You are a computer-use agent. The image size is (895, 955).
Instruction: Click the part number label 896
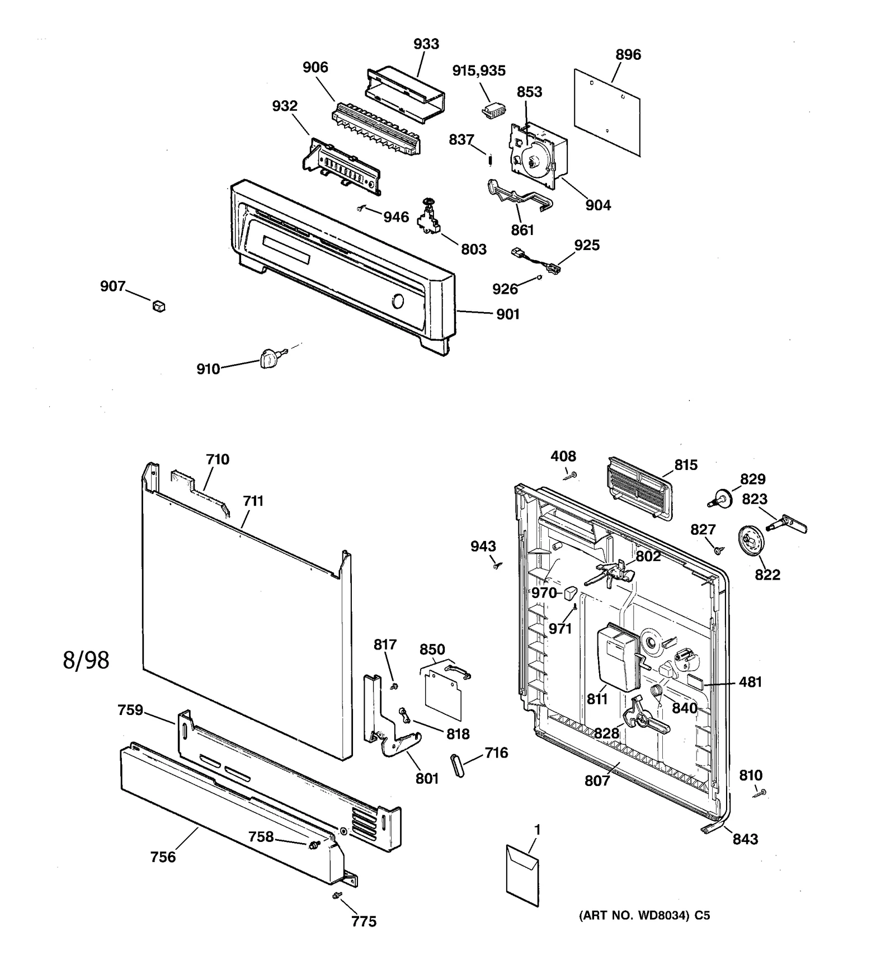click(x=628, y=55)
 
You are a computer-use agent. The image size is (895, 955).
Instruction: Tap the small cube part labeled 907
click(x=159, y=305)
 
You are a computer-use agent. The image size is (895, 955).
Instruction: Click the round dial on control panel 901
click(x=397, y=302)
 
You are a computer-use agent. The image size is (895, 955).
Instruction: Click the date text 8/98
click(x=86, y=660)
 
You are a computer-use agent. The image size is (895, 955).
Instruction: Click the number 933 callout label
click(x=426, y=44)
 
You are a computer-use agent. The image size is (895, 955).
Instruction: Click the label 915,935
click(x=479, y=70)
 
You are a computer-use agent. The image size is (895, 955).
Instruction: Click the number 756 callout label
click(x=163, y=857)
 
